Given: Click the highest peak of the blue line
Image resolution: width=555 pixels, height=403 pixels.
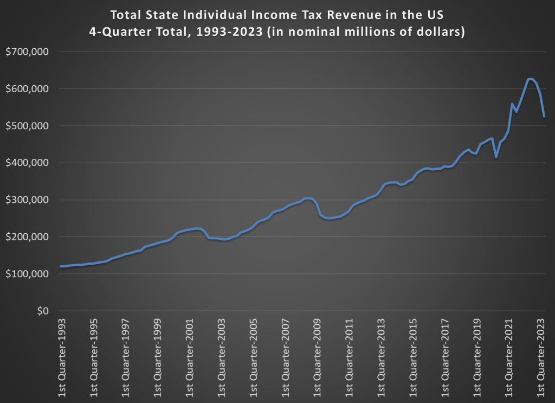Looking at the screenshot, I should click(530, 79).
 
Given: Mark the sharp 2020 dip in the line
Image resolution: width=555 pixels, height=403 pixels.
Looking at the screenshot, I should click(496, 157).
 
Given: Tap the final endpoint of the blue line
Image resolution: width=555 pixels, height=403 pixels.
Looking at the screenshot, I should click(544, 117).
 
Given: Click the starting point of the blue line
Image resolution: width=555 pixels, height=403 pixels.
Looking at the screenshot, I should click(61, 266).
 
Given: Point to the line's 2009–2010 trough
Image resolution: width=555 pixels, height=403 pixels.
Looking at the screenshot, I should click(328, 218).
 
